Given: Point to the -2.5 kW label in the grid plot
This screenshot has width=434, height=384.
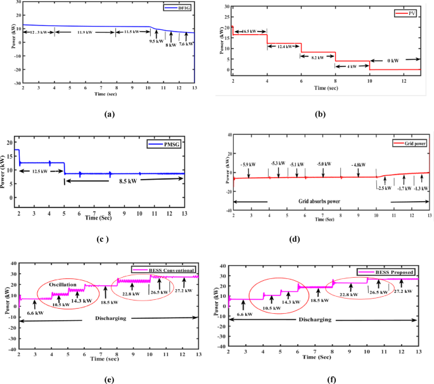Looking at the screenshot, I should tap(384, 188).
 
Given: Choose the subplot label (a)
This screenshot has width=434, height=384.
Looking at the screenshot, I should tap(109, 113).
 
